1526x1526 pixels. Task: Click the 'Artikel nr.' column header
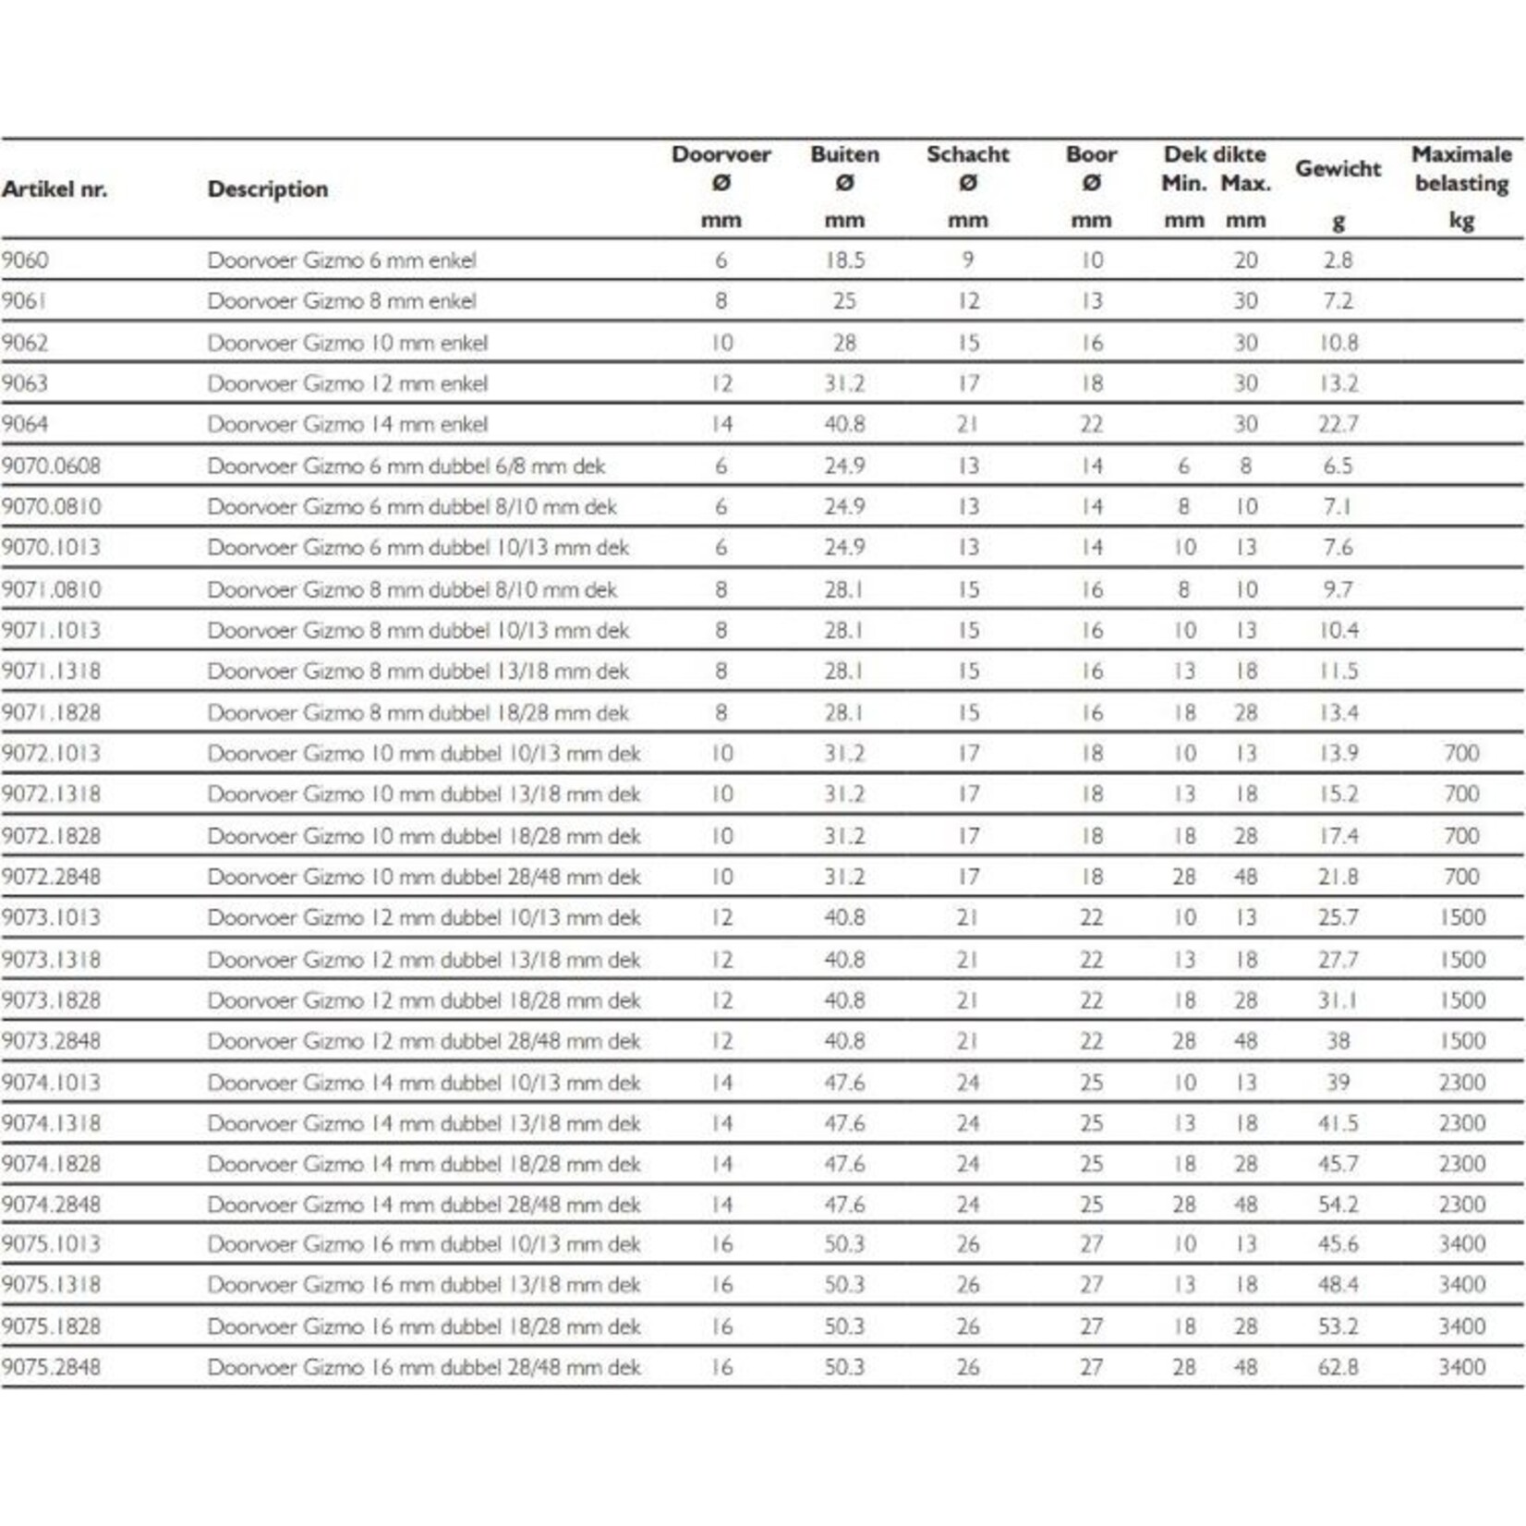pos(54,189)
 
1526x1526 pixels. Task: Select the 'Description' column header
pos(268,189)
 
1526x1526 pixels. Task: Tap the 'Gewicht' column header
pos(1337,169)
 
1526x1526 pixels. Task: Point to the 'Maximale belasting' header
pos(1460,168)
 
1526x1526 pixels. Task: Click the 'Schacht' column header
pos(967,154)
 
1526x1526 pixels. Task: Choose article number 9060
pos(25,260)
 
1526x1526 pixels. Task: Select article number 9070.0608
pos(51,466)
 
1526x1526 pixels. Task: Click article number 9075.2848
pos(51,1367)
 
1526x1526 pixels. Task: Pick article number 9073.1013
pos(51,917)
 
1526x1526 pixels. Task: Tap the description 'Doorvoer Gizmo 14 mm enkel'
pos(347,424)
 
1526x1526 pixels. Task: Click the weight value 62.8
pos(1338,1367)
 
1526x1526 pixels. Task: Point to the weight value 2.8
pos(1338,260)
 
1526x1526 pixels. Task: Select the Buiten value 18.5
pos(844,260)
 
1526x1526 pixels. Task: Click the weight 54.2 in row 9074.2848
pos(1338,1205)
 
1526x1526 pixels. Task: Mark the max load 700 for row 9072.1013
pos(1461,753)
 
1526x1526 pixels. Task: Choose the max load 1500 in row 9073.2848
pos(1461,1041)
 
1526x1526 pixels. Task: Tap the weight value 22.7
pos(1338,424)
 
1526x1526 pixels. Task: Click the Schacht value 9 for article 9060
pos(967,260)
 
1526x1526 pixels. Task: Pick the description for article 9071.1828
pos(418,712)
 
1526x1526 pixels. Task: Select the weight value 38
pos(1338,1041)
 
